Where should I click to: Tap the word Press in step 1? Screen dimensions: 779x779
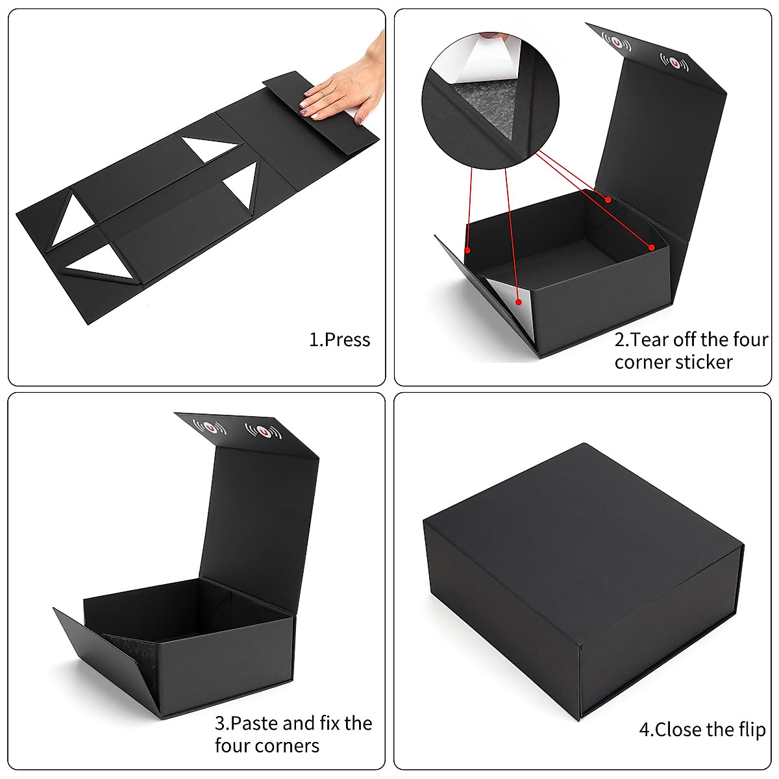[347, 340]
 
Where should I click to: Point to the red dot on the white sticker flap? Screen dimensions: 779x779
[518, 302]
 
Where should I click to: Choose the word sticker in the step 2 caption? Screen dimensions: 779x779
[703, 362]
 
